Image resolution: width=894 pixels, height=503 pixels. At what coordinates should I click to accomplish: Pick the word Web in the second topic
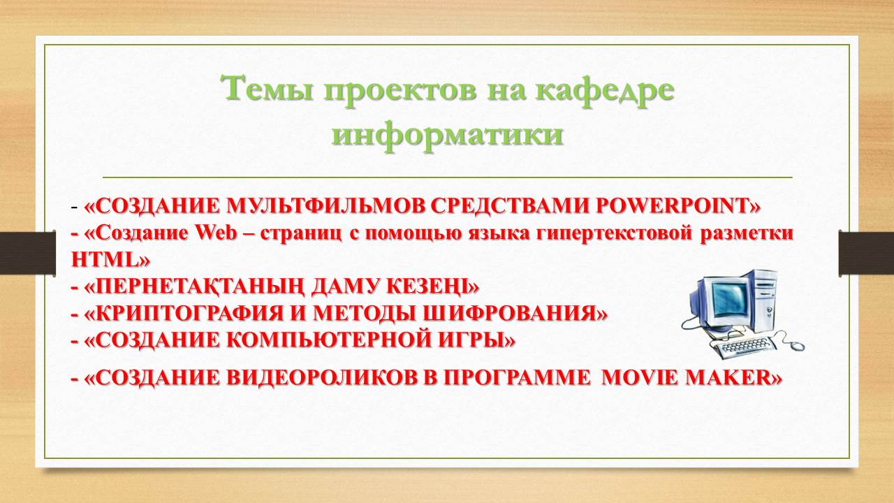pyautogui.click(x=216, y=233)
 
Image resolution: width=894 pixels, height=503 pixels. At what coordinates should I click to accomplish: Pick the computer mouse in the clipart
pyautogui.click(x=797, y=345)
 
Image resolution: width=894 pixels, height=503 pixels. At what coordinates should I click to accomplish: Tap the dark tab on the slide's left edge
pyautogui.click(x=27, y=252)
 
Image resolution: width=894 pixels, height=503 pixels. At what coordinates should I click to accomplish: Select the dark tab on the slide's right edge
pyautogui.click(x=866, y=252)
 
